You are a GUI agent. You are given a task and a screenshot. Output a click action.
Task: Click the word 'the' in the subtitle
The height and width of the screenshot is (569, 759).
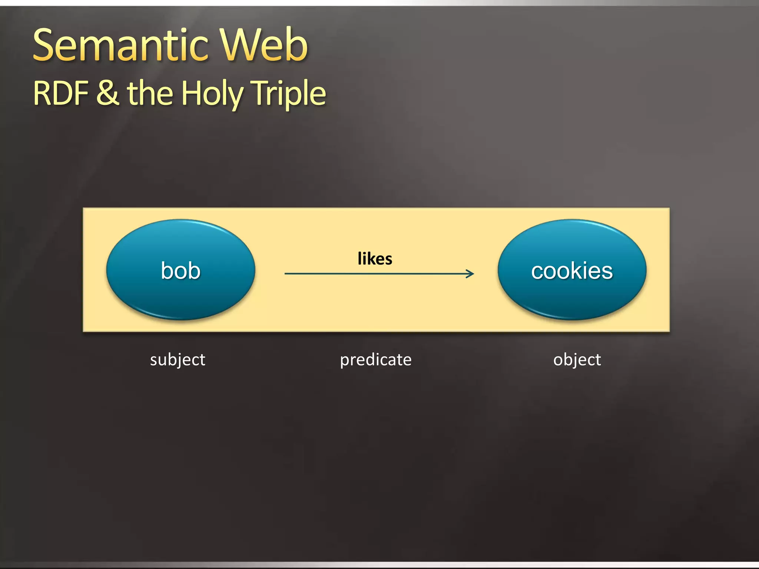pyautogui.click(x=150, y=93)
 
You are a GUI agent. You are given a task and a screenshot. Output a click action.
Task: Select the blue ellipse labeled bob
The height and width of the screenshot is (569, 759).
pyautogui.click(x=180, y=270)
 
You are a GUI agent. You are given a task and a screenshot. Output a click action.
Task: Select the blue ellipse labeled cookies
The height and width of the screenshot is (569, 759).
pyautogui.click(x=572, y=270)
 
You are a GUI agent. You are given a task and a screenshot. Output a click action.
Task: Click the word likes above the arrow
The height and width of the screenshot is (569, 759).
pyautogui.click(x=375, y=259)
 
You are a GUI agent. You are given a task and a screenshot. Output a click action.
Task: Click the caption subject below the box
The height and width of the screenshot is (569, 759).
pyautogui.click(x=178, y=360)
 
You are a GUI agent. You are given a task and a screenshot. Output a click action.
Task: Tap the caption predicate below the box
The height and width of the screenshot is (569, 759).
pyautogui.click(x=375, y=360)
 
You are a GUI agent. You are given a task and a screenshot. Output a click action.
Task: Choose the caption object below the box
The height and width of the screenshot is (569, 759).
pyautogui.click(x=577, y=360)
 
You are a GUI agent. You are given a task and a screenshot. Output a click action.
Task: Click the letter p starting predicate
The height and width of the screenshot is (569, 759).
pyautogui.click(x=345, y=361)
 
